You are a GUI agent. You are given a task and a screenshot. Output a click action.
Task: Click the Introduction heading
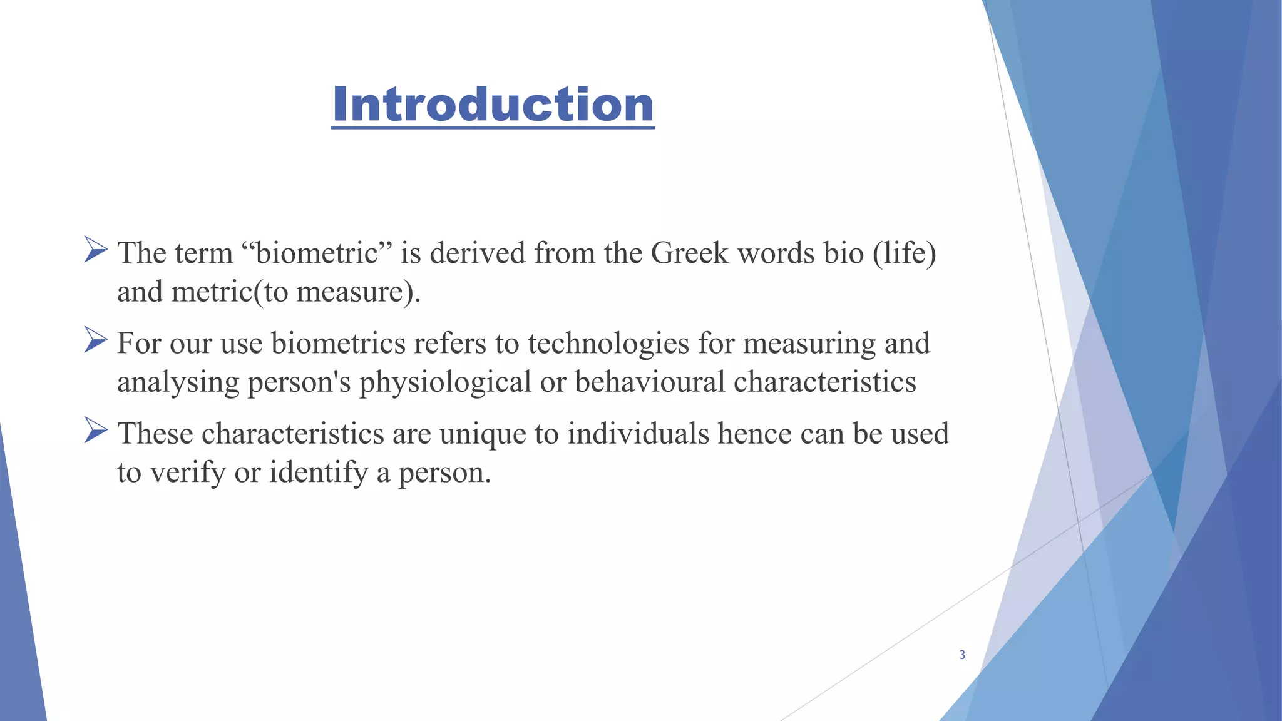point(493,104)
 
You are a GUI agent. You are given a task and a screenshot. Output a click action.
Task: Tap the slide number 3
point(962,655)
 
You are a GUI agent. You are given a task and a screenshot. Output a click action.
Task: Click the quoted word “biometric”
point(317,253)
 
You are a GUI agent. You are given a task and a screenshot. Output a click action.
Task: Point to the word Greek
point(690,253)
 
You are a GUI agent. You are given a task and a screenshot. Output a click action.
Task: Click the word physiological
point(445,382)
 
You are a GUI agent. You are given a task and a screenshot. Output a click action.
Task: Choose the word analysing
point(178,382)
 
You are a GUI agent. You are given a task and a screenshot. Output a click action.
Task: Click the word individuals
point(638,434)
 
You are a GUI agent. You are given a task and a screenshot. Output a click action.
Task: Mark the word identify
point(318,473)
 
